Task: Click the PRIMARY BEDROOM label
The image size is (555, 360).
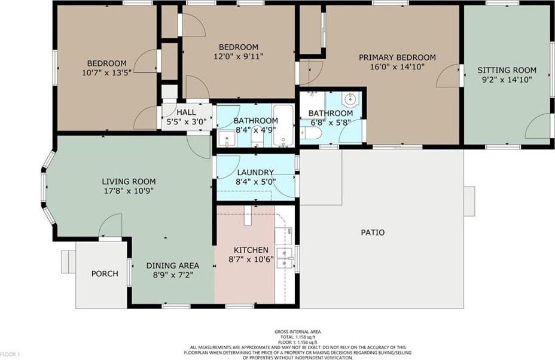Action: [x=397, y=57]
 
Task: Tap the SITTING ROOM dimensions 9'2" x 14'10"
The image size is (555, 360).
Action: [x=507, y=80]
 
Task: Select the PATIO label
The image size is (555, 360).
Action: [x=373, y=233]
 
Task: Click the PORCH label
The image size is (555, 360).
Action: [x=105, y=274]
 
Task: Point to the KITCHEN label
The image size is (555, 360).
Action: [x=251, y=250]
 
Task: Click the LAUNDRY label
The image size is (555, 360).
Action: [x=255, y=172]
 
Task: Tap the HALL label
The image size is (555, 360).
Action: [x=186, y=112]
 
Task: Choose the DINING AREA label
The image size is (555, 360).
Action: [x=173, y=266]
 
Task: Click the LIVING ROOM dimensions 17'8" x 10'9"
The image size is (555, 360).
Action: [x=129, y=191]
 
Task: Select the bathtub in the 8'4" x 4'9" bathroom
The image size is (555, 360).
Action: [x=283, y=126]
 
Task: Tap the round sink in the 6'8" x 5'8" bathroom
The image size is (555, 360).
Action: [x=350, y=99]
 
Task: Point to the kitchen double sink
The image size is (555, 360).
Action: [x=285, y=258]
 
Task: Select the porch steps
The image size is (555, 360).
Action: [x=68, y=262]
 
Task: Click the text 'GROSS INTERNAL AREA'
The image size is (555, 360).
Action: [x=298, y=332]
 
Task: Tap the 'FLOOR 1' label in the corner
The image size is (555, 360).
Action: [x=10, y=354]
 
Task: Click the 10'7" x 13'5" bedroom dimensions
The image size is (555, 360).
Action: [x=106, y=73]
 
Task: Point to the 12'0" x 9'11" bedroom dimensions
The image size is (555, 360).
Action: [x=239, y=56]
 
